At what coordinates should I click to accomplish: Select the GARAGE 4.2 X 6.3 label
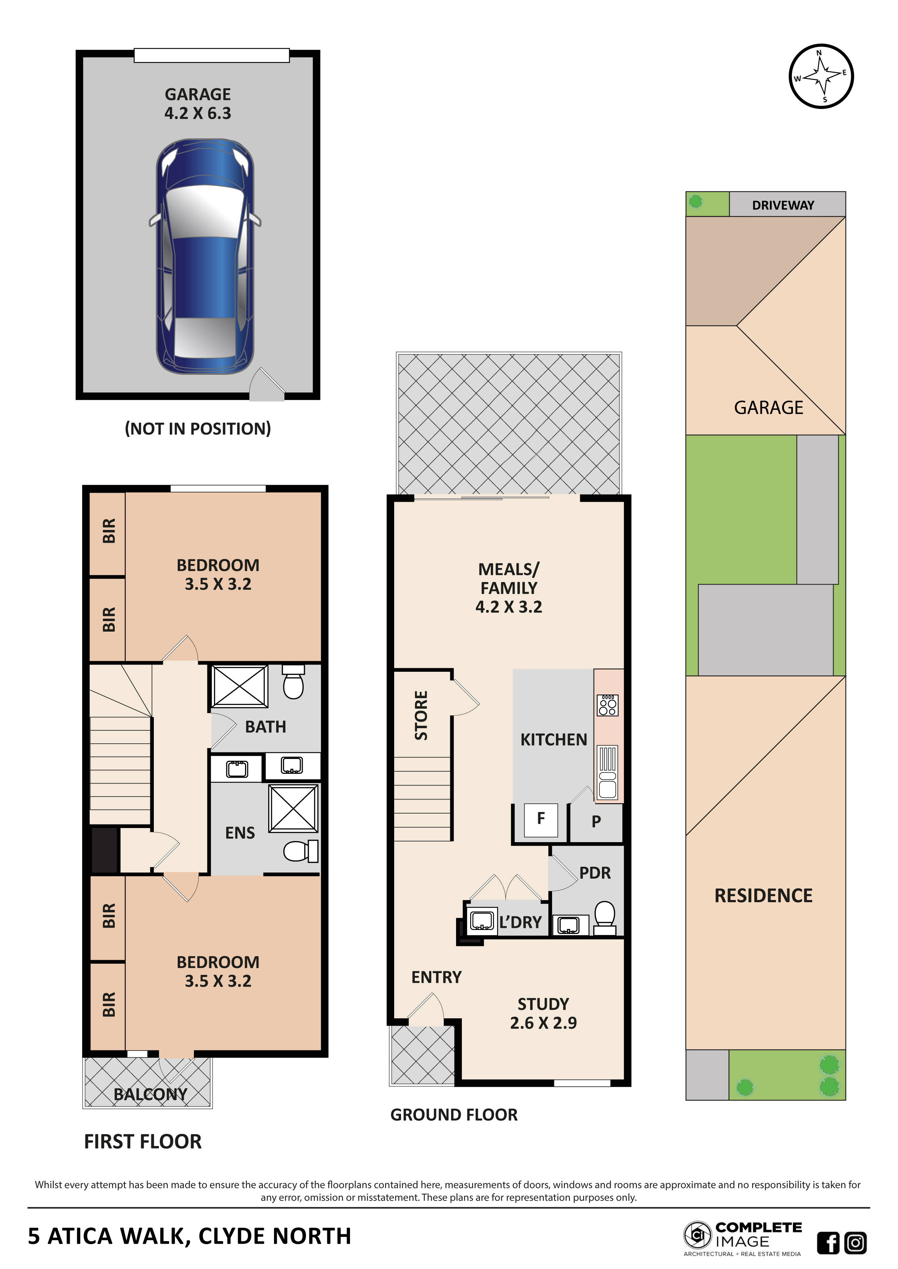coord(198,104)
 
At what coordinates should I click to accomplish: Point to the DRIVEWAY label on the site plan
coord(783,205)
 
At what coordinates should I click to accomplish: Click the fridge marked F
coord(541,820)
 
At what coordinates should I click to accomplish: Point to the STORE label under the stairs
coord(421,715)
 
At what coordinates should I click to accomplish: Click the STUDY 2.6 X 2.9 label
coord(543,1014)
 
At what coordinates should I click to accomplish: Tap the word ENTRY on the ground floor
coord(436,977)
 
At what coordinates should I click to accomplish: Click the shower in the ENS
coord(293,808)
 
